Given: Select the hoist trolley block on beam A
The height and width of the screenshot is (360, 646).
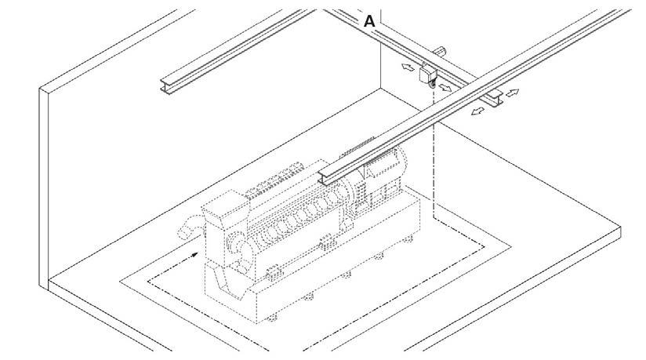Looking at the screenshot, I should point(428,75).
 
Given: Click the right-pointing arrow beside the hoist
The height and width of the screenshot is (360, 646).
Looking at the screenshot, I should point(446,88).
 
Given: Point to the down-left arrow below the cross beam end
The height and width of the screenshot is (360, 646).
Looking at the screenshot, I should point(475,113).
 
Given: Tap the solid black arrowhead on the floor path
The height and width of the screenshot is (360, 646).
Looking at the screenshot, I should point(193,253).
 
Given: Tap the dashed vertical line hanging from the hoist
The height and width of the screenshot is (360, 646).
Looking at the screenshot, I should point(434,141).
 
